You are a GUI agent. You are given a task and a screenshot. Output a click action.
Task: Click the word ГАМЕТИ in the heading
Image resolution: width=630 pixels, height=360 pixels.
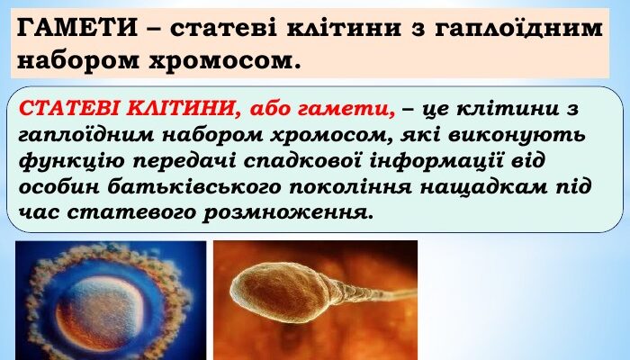click(x=64, y=27)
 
